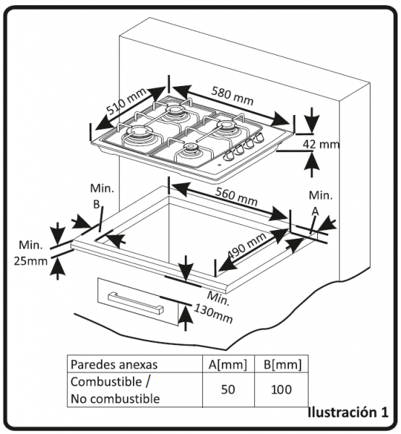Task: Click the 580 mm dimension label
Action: [x=233, y=96]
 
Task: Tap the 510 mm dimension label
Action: [x=126, y=101]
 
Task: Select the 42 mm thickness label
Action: [x=321, y=144]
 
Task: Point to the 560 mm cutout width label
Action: [x=236, y=196]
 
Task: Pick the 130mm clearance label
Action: [x=213, y=313]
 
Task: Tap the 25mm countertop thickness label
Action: [x=30, y=261]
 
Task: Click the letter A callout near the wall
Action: [x=315, y=212]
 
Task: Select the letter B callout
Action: [x=96, y=205]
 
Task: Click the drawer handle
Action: [x=136, y=303]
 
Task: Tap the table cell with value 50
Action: [x=228, y=389]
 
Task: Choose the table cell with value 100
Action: [x=281, y=389]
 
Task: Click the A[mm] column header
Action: [x=228, y=365]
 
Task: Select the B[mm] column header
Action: [x=283, y=365]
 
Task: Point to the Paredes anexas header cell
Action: [x=135, y=364]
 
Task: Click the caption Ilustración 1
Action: [x=348, y=412]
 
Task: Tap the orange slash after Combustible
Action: [x=147, y=381]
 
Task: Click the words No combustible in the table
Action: [x=116, y=399]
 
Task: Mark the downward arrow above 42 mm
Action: [x=312, y=120]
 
